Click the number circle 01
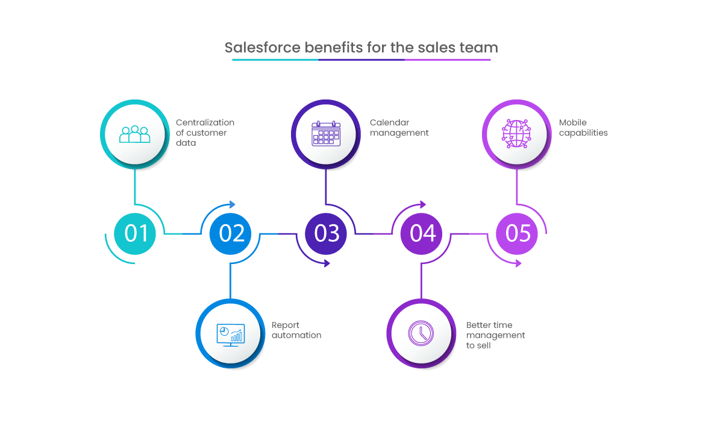pyautogui.click(x=135, y=233)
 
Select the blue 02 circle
pyautogui.click(x=231, y=233)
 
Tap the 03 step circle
pyautogui.click(x=326, y=233)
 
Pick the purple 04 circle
pyautogui.click(x=422, y=233)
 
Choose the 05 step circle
pyautogui.click(x=517, y=233)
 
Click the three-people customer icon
pyautogui.click(x=135, y=134)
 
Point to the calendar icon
pyautogui.click(x=326, y=133)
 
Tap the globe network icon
pyautogui.click(x=517, y=133)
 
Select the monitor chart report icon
pyautogui.click(x=230, y=333)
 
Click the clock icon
pyautogui.click(x=421, y=333)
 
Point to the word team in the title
pyautogui.click(x=478, y=48)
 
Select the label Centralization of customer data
pyautogui.click(x=205, y=133)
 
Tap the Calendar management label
pyautogui.click(x=399, y=128)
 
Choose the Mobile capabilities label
pyautogui.click(x=583, y=128)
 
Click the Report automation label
pyautogui.click(x=296, y=330)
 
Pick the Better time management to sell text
pyautogui.click(x=495, y=335)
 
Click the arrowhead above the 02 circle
pyautogui.click(x=233, y=204)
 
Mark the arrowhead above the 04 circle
pyautogui.click(x=423, y=204)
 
